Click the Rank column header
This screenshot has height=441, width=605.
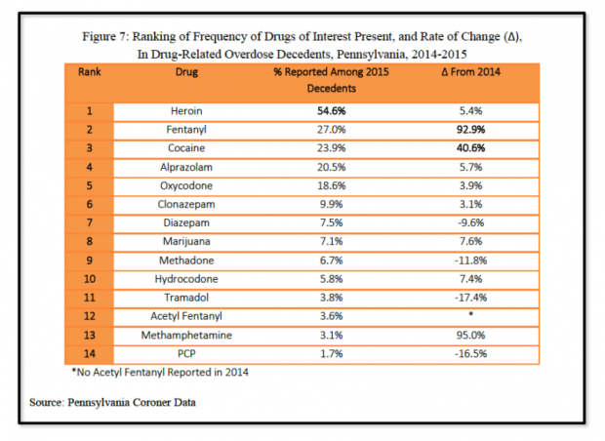[90, 71]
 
